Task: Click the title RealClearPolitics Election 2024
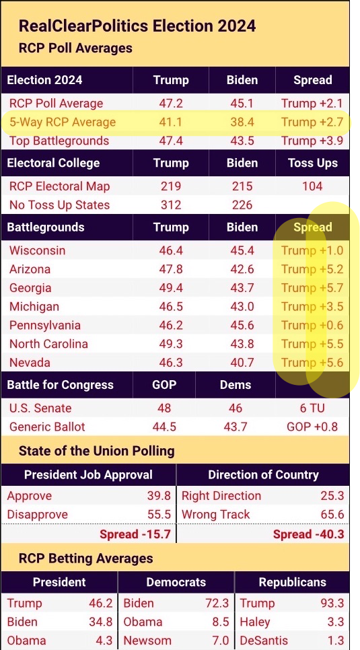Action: tap(137, 26)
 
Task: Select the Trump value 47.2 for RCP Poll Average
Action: tap(171, 103)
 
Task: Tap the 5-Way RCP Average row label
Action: tap(63, 122)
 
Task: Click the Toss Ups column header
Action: tap(312, 163)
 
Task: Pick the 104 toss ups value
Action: tap(312, 186)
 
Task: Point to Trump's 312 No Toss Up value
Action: tap(171, 205)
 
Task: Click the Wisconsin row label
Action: tap(37, 250)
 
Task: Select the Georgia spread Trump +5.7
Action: tap(312, 288)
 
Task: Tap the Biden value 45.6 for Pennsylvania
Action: tap(242, 325)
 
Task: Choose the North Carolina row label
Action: tap(48, 344)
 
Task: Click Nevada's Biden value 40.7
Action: tap(242, 362)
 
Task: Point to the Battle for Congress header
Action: tap(60, 385)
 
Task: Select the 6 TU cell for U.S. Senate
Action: tap(312, 408)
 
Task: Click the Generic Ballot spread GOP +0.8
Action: tap(312, 427)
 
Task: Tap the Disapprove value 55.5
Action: tap(159, 515)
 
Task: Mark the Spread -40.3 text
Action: tap(309, 534)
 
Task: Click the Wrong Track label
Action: tap(216, 515)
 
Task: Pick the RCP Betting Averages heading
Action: tap(86, 558)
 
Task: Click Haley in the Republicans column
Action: tap(254, 622)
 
